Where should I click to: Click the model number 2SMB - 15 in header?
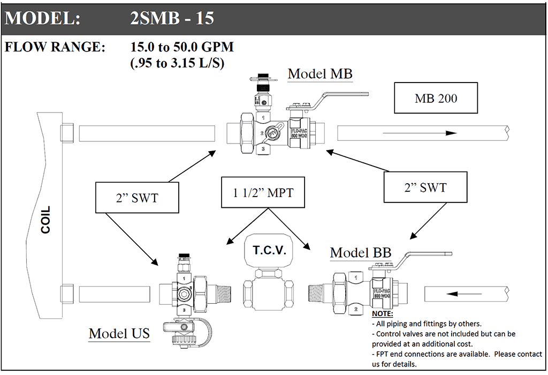(172, 18)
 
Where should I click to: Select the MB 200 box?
(436, 98)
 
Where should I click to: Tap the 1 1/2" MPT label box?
(263, 192)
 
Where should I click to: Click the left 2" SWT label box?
(136, 198)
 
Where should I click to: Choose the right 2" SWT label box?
(425, 187)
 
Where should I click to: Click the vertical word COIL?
(46, 220)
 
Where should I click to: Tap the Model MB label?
(320, 73)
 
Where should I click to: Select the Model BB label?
(360, 252)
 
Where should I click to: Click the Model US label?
(119, 333)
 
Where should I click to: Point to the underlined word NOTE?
(382, 313)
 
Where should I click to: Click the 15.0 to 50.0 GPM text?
(182, 47)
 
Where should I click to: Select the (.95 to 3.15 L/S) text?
(177, 63)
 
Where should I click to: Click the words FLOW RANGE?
(55, 47)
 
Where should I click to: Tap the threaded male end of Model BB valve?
(320, 294)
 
